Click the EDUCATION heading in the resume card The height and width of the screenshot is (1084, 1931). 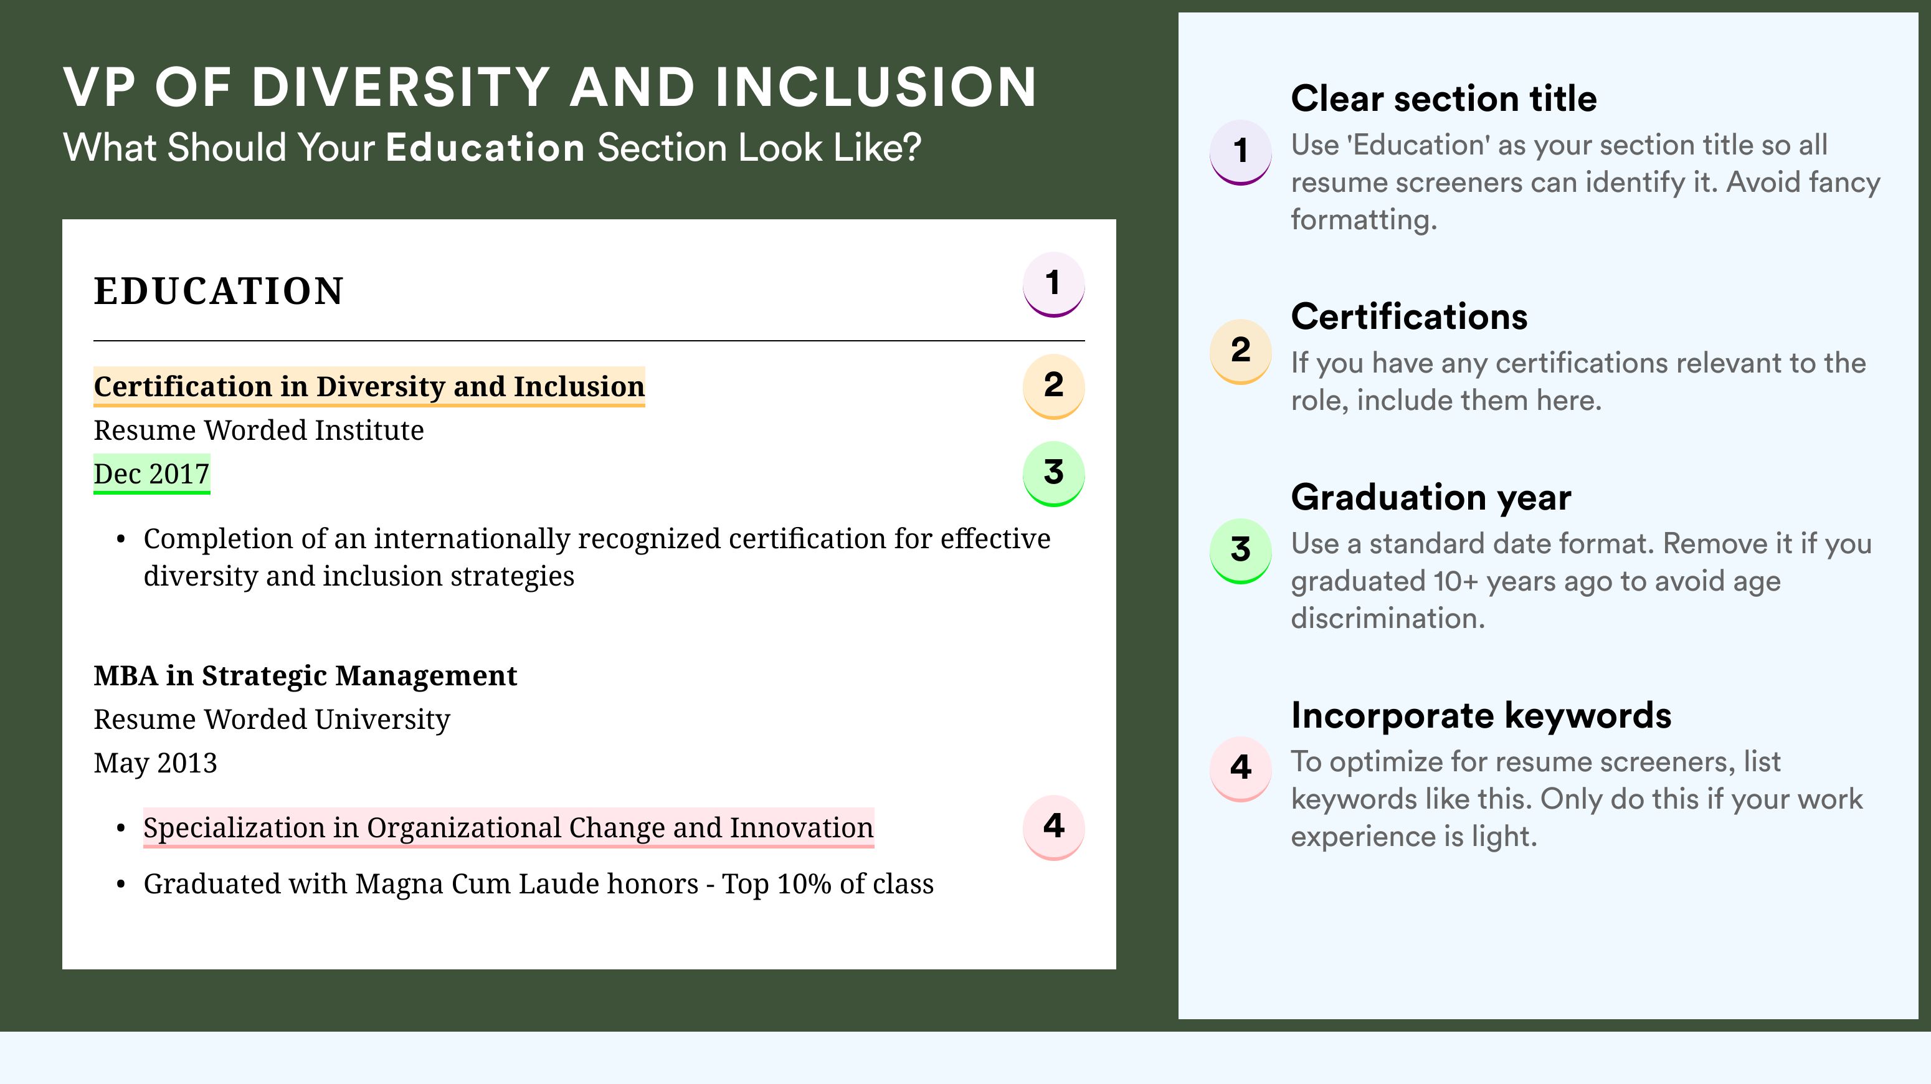[x=218, y=291]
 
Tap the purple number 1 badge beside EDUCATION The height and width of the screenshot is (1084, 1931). [x=1053, y=284]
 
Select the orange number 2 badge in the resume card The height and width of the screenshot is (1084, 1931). [x=1053, y=386]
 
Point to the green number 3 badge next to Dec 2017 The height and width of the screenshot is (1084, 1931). [x=1053, y=473]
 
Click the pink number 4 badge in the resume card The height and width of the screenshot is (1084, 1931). [x=1053, y=827]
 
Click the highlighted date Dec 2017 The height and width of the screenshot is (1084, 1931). [x=151, y=473]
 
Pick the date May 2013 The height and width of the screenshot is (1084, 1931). [x=155, y=763]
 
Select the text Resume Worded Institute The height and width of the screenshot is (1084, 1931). [x=259, y=430]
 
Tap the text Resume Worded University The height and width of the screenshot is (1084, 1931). [x=272, y=720]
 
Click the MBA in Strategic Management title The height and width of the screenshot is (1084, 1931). [x=305, y=676]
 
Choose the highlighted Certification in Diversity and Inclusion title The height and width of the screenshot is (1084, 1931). [x=369, y=387]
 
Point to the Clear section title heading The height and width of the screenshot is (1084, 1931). [x=1444, y=98]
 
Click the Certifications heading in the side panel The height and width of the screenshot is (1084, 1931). [x=1409, y=316]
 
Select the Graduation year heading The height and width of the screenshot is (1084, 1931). [x=1431, y=497]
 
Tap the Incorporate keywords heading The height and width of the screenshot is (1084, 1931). [x=1481, y=715]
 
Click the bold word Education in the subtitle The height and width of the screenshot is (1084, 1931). [x=485, y=147]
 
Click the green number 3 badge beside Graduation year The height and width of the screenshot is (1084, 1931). [x=1241, y=551]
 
